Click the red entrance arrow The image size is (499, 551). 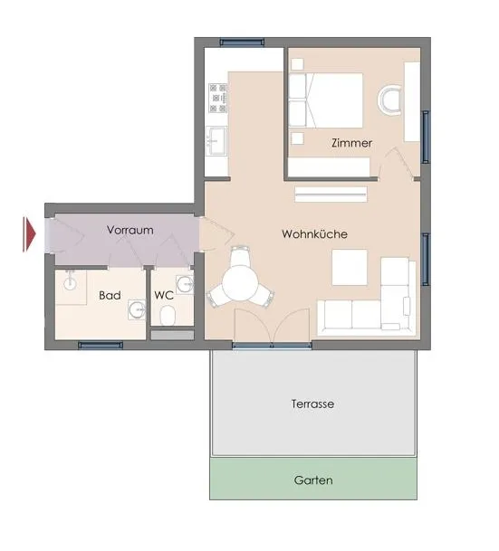tap(29, 234)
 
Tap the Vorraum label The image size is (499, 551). tap(130, 230)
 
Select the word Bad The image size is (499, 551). tap(110, 295)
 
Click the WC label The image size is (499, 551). tap(164, 295)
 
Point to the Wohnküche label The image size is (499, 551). tap(314, 234)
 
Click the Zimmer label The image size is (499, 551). tap(351, 143)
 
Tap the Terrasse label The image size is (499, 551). tap(312, 404)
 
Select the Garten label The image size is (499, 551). tap(313, 480)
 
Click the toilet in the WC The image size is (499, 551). tap(168, 316)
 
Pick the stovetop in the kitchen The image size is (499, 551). tap(218, 98)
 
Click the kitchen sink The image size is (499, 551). tap(216, 140)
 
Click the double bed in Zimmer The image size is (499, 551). tap(326, 100)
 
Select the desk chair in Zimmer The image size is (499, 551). tap(389, 100)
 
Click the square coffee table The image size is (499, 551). tap(350, 268)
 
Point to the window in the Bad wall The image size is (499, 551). tap(101, 345)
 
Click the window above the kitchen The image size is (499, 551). tap(242, 43)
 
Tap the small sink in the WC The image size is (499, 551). tap(185, 284)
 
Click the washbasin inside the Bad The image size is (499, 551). tap(137, 309)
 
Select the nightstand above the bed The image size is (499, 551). tap(298, 64)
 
